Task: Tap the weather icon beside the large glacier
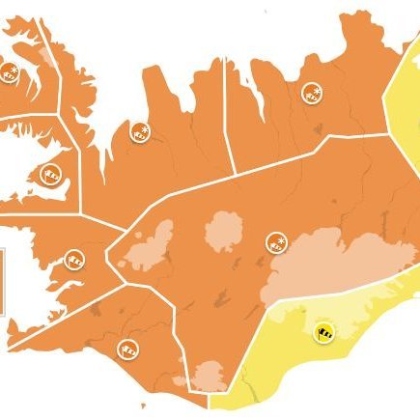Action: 275,241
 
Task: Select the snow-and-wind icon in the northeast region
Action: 311,93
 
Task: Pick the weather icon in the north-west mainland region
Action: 139,133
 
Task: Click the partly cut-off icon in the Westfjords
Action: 10,70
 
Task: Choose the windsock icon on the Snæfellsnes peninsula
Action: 51,174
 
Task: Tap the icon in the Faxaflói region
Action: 73,259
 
